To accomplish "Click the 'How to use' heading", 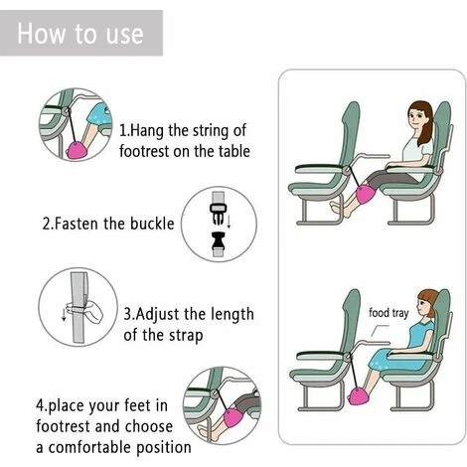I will click(79, 34).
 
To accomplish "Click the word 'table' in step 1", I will click(231, 151).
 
